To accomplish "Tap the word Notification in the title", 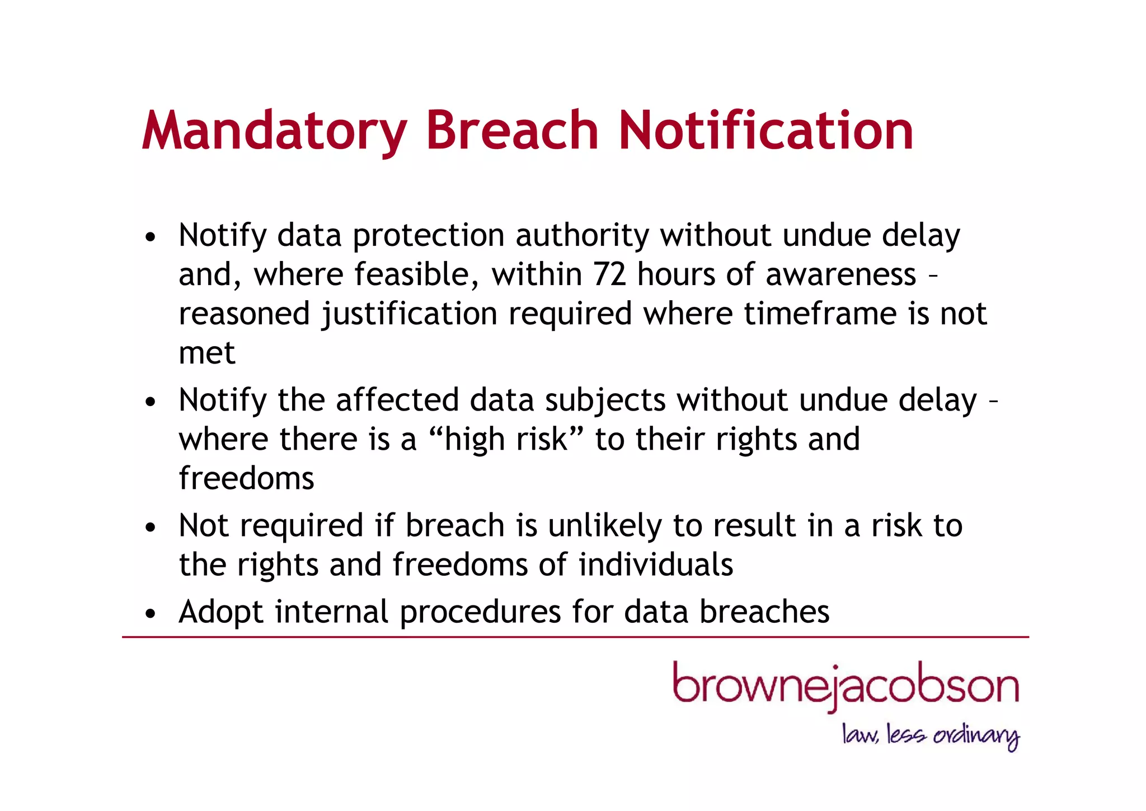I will (x=765, y=132).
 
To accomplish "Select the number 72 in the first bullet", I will (x=609, y=275).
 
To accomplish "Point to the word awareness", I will (x=841, y=275).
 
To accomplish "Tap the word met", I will (x=207, y=353).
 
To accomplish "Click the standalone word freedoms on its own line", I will (x=247, y=479).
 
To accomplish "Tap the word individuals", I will (x=656, y=565).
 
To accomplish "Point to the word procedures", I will (x=480, y=612).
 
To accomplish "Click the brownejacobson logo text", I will (x=846, y=686).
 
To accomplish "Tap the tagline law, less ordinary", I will (x=931, y=735).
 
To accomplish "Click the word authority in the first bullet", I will (x=583, y=236).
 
